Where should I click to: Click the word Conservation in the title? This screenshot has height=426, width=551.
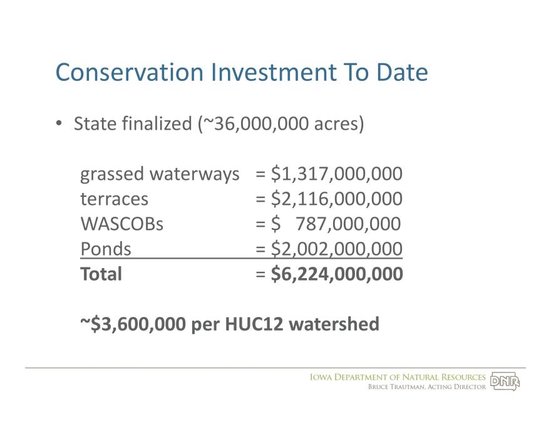(x=130, y=72)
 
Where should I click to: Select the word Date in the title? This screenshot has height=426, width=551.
(x=402, y=72)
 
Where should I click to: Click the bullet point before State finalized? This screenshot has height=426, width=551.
(x=59, y=123)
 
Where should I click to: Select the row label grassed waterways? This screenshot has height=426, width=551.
(x=160, y=174)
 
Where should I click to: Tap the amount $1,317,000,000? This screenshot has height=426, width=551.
(x=337, y=174)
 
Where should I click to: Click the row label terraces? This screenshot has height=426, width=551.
(x=114, y=199)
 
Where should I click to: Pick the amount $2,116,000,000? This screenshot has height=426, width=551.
(x=337, y=199)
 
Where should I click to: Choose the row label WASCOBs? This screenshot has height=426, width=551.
(x=122, y=224)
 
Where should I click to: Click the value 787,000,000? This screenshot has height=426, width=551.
(x=348, y=224)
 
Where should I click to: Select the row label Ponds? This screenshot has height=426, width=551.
(x=105, y=249)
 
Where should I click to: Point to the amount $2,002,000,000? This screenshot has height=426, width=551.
(x=337, y=249)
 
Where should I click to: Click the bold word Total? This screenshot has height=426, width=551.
(x=101, y=274)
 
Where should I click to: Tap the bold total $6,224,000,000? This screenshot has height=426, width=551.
(x=337, y=274)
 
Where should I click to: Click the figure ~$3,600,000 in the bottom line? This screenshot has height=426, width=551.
(x=133, y=324)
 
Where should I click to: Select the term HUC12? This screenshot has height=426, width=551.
(x=254, y=324)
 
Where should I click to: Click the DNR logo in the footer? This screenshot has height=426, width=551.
(x=505, y=381)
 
